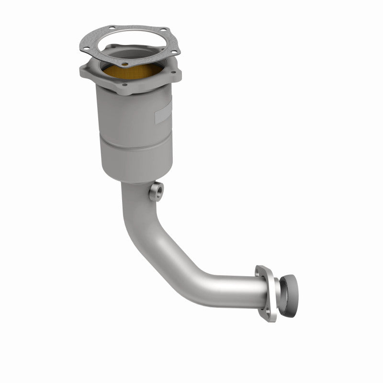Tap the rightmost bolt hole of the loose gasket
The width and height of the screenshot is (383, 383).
pos(174,51)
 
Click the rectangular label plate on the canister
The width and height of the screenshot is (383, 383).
pos(163,115)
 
